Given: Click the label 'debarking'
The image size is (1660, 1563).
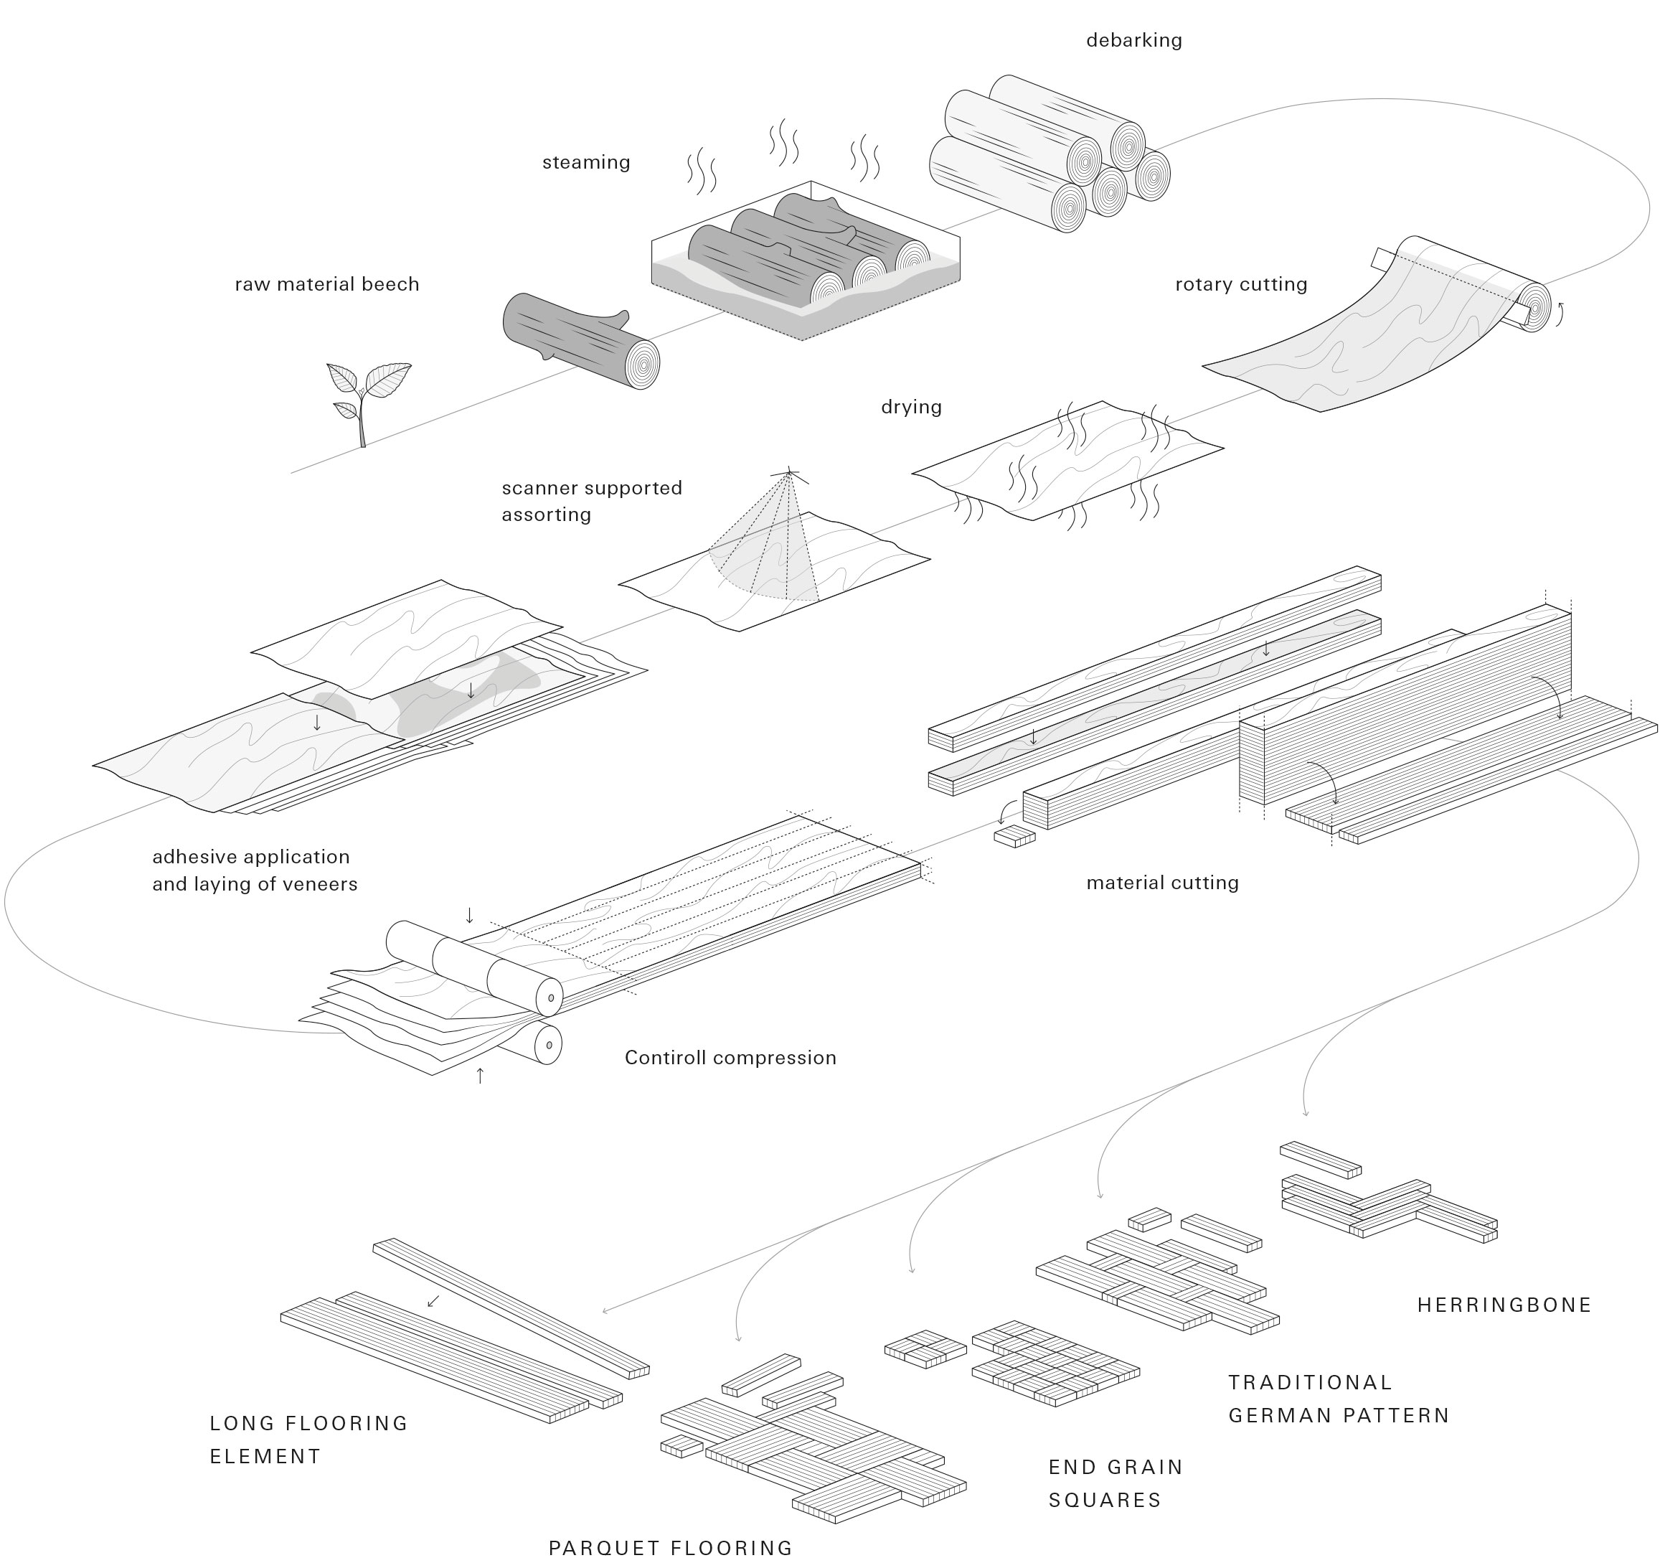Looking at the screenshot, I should [x=1133, y=40].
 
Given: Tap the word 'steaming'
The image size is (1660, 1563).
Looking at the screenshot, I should [x=585, y=162].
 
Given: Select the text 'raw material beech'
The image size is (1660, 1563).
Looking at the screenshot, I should [x=326, y=284].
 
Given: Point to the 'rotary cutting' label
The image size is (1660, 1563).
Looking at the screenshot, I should [x=1240, y=284].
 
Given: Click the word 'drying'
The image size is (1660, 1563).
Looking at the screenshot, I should [x=911, y=407].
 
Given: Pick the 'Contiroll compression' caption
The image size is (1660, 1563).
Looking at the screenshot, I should [x=730, y=1058].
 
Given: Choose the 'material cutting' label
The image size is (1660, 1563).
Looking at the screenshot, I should [x=1161, y=882].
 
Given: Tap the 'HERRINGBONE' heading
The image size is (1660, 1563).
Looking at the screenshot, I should [x=1504, y=1305].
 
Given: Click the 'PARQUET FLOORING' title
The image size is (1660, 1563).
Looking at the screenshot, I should [x=670, y=1548].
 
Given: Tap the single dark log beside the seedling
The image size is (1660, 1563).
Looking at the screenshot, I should [x=580, y=340].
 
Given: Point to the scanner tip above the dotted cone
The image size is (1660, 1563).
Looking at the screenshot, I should [x=789, y=474].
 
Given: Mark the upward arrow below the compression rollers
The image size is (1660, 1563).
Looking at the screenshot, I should [x=480, y=1076].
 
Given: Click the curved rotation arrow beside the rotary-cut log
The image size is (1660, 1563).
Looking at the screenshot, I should [x=1558, y=314].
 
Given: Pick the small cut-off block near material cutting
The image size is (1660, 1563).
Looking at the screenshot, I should [x=1014, y=835].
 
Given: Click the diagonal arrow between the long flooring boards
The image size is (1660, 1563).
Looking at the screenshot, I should [x=433, y=1300].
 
